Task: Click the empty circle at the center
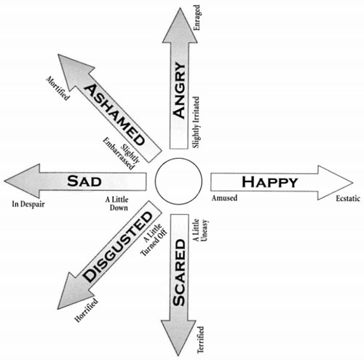point(178,181)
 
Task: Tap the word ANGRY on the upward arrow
point(180,90)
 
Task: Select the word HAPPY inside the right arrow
point(269,182)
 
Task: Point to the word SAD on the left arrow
point(84,181)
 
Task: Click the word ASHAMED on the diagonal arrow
point(114,114)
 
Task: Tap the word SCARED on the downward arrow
point(179,273)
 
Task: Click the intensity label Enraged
point(197,17)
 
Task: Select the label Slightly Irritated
point(196,122)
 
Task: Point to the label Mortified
point(58,88)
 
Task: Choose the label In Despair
point(28,204)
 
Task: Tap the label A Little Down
point(116,203)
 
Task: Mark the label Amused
point(224,198)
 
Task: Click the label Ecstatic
point(348,198)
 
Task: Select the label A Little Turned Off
point(154,239)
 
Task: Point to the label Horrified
point(87,310)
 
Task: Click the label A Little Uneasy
point(201,230)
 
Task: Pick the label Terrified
point(200,340)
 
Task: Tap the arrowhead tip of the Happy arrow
point(353,182)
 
